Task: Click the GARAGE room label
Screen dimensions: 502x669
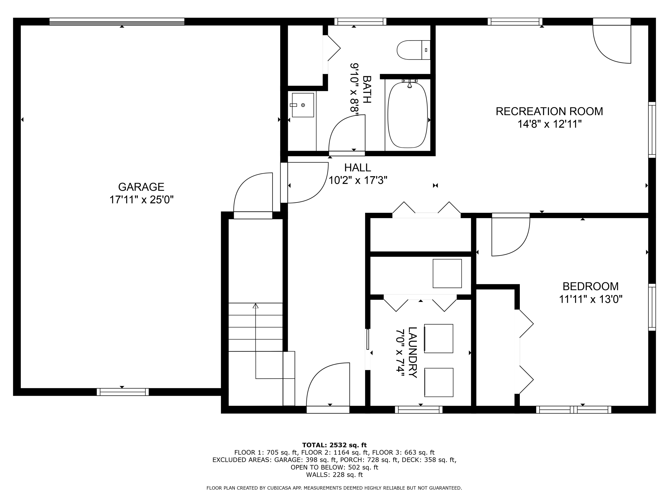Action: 141,187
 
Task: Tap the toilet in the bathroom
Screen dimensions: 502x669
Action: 413,50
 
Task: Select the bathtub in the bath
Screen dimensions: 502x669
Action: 407,115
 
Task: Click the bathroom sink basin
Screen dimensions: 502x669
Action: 303,105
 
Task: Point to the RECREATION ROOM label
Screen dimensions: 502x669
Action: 549,111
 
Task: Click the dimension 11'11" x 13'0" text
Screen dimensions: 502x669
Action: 590,299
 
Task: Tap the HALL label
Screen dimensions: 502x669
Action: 357,168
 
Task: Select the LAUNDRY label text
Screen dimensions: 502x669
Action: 413,353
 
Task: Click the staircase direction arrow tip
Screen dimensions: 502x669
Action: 256,306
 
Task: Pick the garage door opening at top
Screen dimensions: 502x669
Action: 117,21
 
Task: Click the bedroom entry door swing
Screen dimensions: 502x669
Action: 510,236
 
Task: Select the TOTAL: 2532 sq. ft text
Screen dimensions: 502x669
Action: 334,445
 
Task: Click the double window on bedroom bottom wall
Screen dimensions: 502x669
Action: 573,410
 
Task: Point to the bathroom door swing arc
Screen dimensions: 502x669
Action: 346,133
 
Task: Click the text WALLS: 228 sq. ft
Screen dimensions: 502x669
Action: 334,475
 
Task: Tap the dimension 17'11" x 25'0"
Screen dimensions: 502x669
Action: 141,200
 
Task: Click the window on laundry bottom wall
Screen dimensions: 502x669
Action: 419,410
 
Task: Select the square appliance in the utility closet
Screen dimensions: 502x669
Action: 447,273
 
